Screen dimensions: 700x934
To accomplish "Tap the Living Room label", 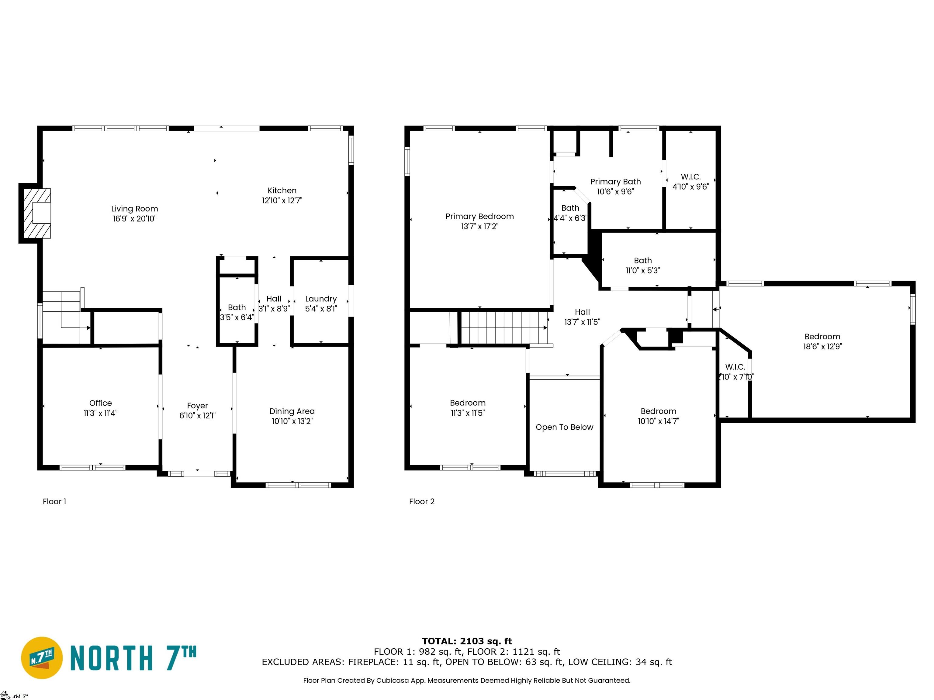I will tap(134, 209).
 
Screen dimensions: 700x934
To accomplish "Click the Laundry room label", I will tap(321, 299).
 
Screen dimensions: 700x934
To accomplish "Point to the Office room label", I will tap(101, 403).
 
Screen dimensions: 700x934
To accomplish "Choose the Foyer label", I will tap(197, 406).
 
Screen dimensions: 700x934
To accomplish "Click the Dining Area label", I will tap(292, 411).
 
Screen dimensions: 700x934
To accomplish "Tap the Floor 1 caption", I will tap(54, 501).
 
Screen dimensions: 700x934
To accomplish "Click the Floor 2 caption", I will tap(421, 501).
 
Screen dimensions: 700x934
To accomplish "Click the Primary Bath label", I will tap(615, 181).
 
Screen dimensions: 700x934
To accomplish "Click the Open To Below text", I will tap(564, 427).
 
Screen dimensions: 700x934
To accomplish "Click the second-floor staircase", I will tap(503, 328).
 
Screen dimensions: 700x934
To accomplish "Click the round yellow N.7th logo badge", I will tap(42, 658).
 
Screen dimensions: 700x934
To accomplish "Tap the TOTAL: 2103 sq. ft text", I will tap(467, 641).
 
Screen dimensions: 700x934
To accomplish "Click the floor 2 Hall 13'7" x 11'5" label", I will tap(582, 317).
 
